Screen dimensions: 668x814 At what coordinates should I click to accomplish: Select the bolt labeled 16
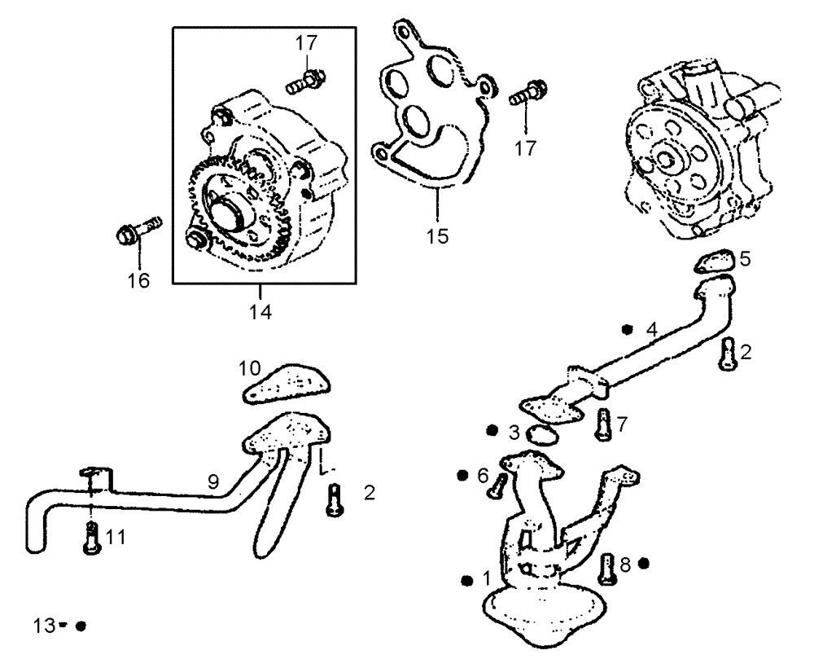(x=136, y=231)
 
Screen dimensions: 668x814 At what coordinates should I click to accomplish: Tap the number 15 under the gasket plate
(x=436, y=236)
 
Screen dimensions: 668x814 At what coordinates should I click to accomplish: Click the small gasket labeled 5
(x=716, y=261)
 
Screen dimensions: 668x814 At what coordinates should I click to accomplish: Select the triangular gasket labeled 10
(x=287, y=383)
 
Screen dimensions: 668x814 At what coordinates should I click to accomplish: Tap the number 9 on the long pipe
(x=212, y=482)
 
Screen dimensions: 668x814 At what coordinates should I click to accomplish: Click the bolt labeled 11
(x=91, y=538)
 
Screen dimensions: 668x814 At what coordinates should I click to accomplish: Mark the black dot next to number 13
(x=81, y=626)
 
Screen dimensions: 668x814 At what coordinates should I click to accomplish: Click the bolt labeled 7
(x=602, y=423)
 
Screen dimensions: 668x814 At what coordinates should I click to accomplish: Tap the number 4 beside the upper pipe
(x=650, y=330)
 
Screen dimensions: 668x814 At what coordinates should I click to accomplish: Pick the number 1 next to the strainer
(x=486, y=579)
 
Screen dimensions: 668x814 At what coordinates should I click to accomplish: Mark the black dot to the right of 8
(x=644, y=562)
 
